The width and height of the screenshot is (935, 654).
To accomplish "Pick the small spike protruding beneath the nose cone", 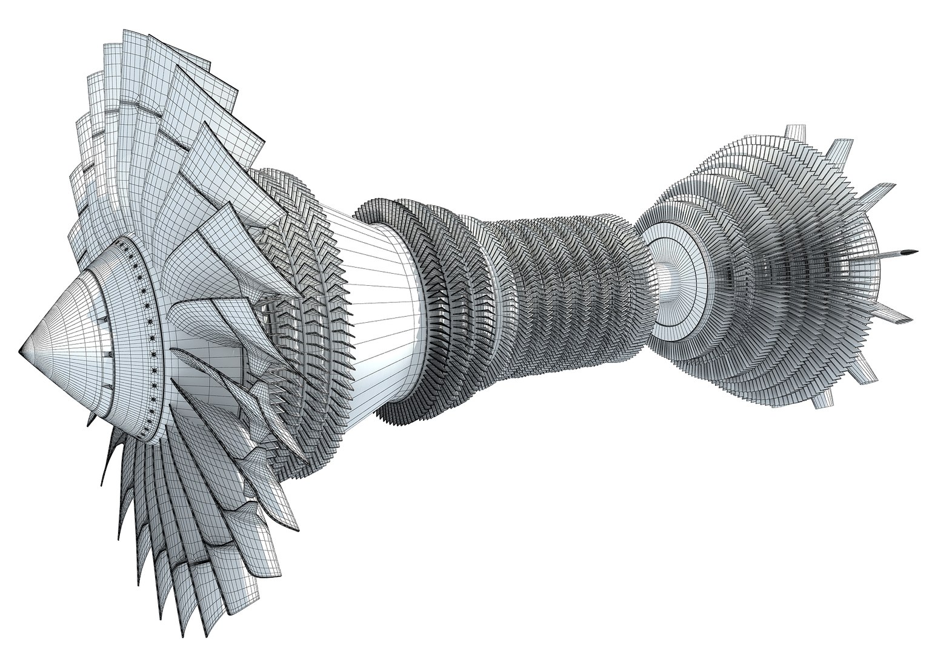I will (91, 418).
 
